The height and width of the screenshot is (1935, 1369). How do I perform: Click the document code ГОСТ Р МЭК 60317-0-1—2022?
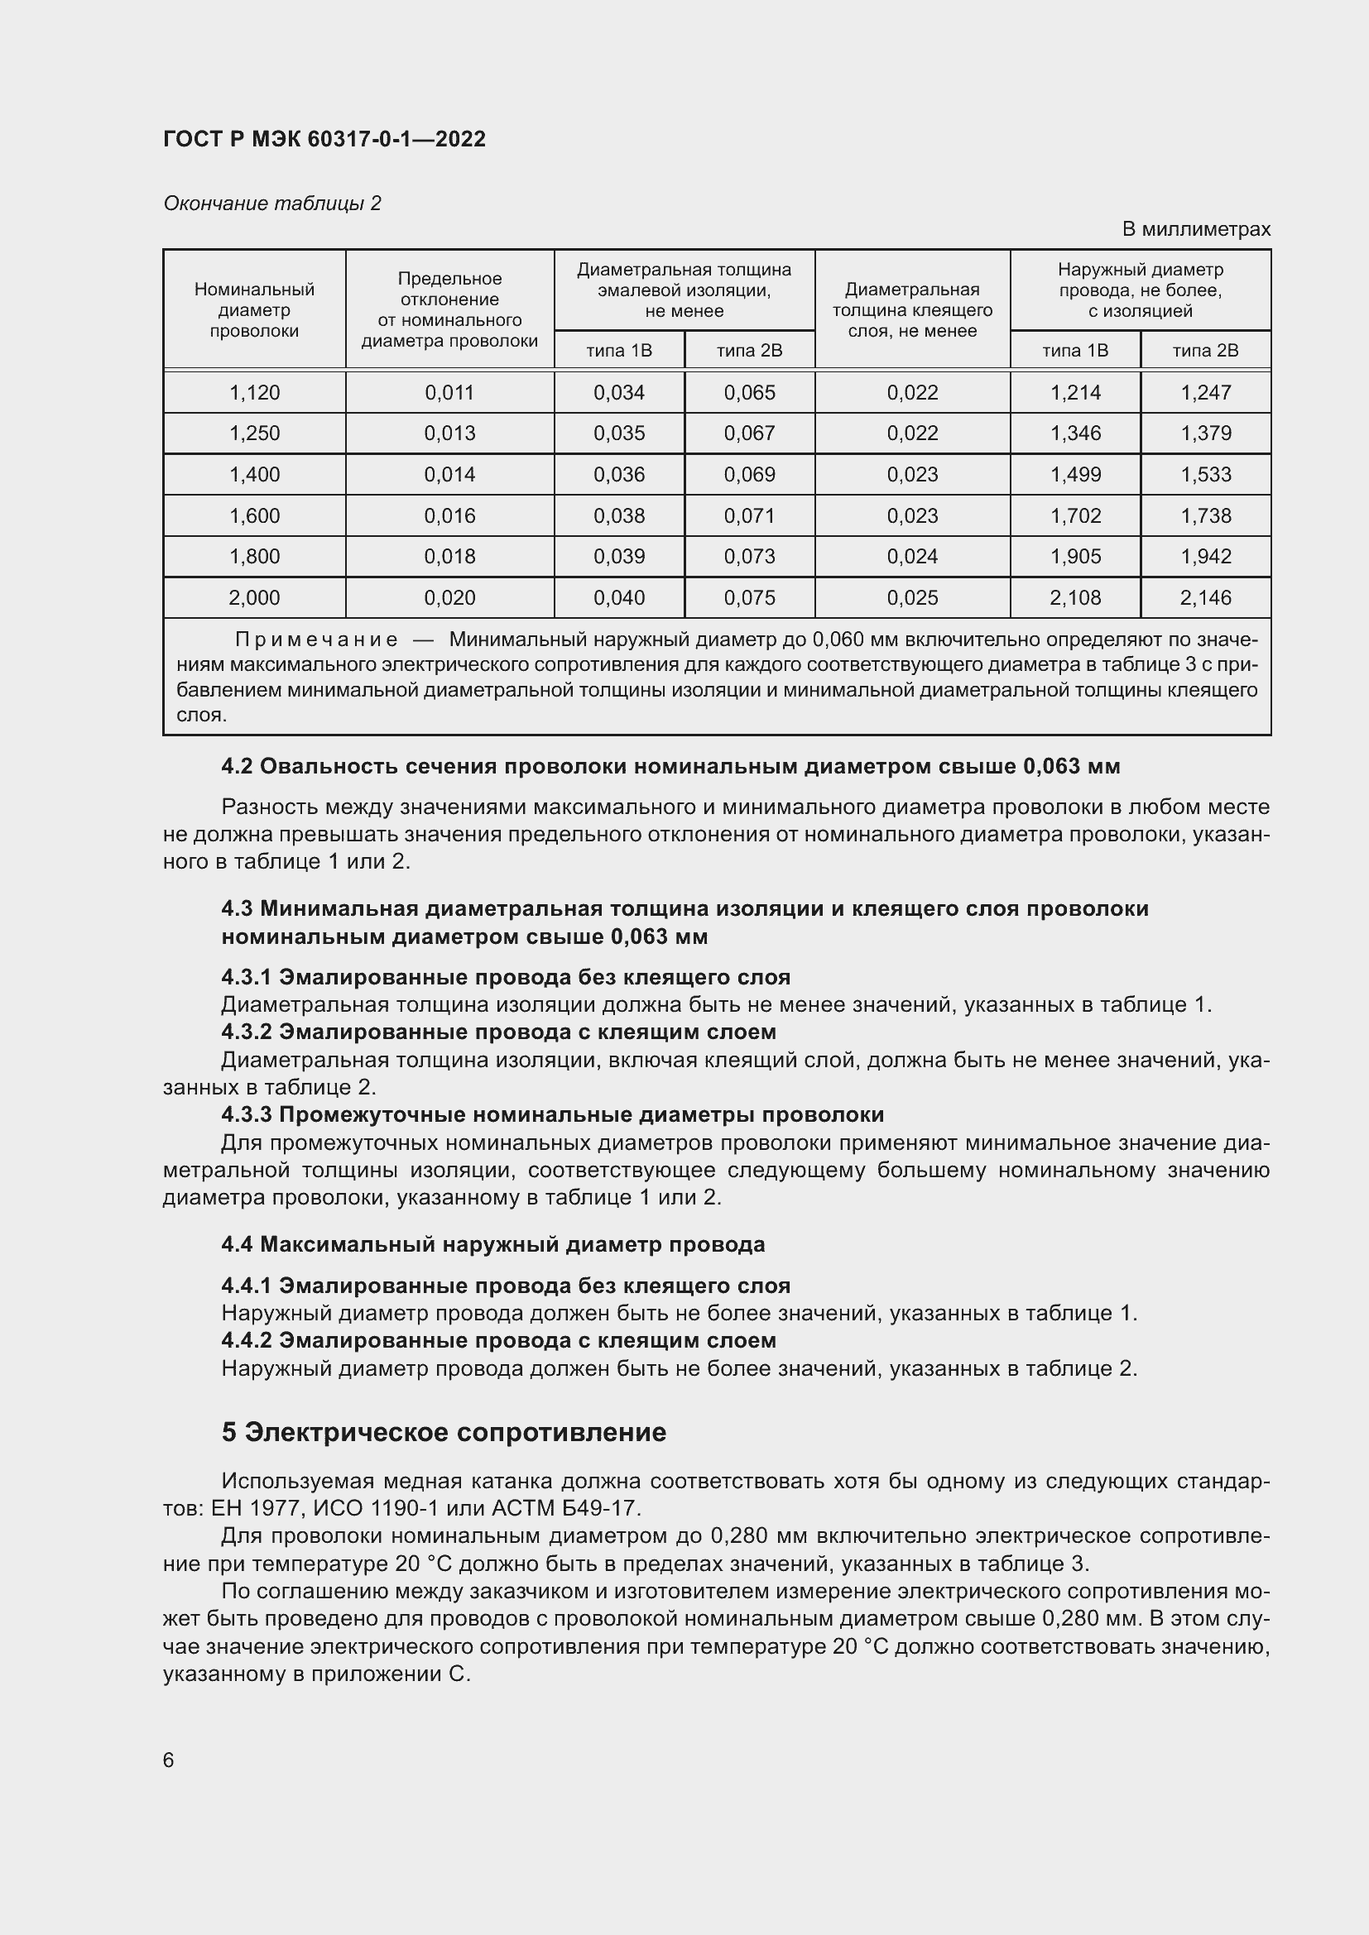click(x=324, y=139)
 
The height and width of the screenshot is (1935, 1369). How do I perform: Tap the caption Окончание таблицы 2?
click(x=271, y=204)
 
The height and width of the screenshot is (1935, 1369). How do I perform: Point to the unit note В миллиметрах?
click(x=1195, y=229)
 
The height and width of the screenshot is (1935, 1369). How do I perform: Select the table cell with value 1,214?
click(x=1075, y=393)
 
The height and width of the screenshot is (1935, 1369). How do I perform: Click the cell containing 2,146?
click(x=1205, y=598)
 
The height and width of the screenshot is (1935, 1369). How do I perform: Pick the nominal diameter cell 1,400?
click(x=254, y=475)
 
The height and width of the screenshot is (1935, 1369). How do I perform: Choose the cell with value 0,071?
click(x=748, y=515)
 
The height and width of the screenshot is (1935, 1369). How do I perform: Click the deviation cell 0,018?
click(x=449, y=556)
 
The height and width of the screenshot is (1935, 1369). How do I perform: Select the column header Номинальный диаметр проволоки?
click(x=254, y=310)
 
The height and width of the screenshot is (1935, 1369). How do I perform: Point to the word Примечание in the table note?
click(x=316, y=639)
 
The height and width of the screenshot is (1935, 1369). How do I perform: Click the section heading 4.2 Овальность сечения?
click(x=670, y=766)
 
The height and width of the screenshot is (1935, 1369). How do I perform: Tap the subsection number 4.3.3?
click(x=246, y=1114)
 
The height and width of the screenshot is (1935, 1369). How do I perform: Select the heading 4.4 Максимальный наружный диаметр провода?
click(x=493, y=1244)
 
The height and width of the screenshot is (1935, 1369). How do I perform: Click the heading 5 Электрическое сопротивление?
click(x=444, y=1432)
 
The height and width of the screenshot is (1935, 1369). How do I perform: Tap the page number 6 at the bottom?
click(x=169, y=1760)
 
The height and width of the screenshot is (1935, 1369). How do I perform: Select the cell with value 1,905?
click(x=1075, y=556)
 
